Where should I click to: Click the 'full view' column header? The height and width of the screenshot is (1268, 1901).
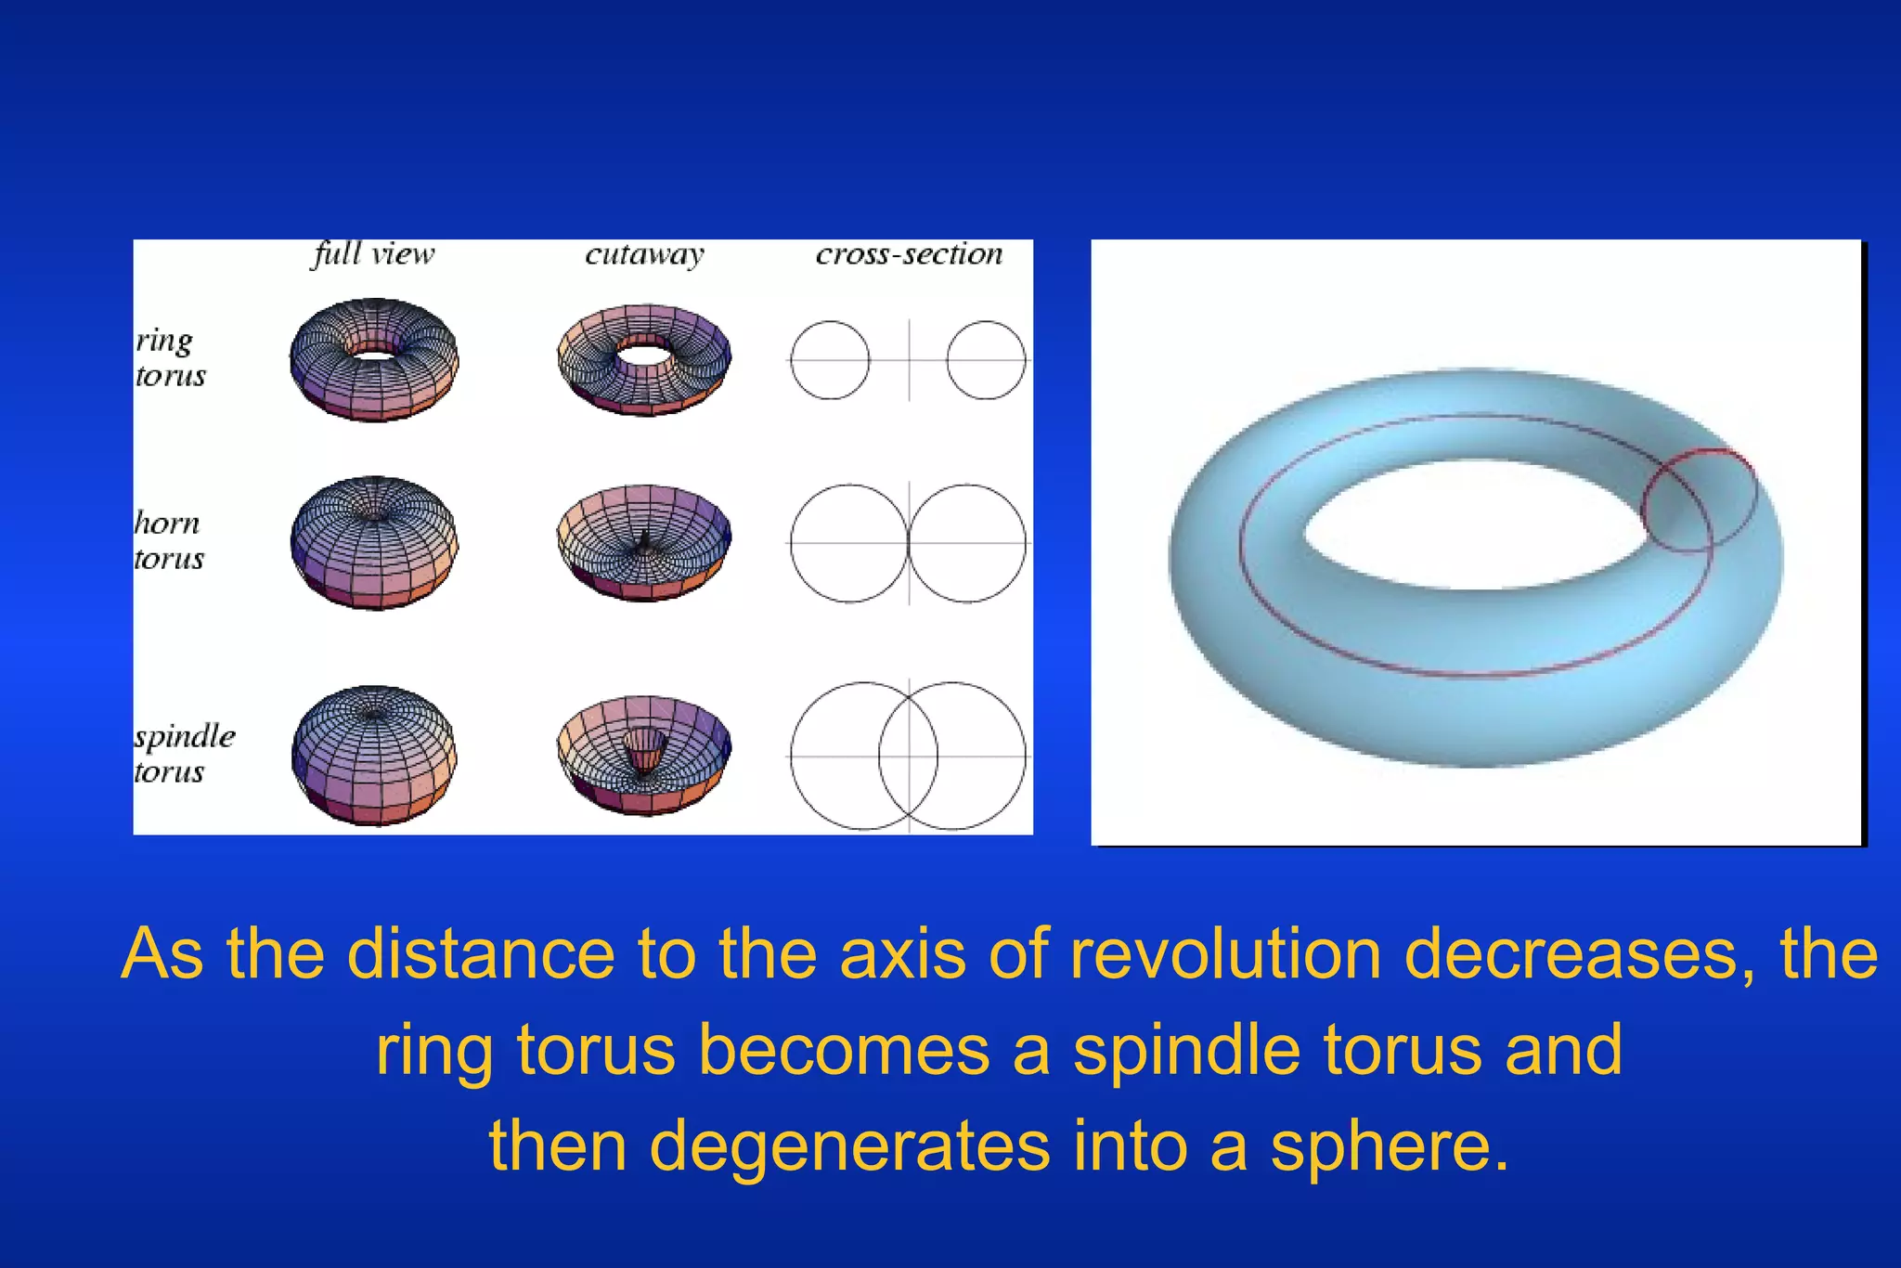point(373,254)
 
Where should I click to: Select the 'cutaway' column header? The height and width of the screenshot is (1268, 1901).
point(644,254)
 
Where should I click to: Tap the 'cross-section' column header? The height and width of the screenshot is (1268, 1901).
point(909,254)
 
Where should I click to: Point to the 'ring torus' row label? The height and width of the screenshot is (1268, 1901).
point(170,357)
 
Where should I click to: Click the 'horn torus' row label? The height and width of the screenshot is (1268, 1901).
point(168,540)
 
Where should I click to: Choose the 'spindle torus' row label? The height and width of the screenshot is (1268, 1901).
point(183,753)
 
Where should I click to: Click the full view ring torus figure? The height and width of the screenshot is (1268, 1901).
point(374,360)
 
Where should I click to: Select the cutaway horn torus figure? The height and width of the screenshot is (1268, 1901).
point(644,543)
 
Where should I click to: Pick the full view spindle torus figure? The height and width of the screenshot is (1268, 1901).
point(374,755)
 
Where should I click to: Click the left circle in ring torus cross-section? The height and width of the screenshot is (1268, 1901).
point(830,360)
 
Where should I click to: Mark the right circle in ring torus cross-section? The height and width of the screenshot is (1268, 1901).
point(986,360)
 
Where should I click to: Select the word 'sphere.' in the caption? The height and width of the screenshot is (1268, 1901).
point(1390,1145)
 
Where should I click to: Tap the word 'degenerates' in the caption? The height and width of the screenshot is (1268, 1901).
point(849,1147)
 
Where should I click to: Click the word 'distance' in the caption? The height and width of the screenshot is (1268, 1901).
point(481,954)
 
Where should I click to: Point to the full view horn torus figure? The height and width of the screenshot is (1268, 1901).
point(374,543)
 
